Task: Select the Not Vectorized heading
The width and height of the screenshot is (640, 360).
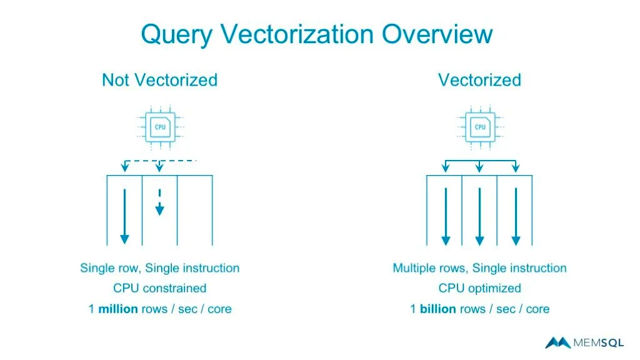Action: coord(159,80)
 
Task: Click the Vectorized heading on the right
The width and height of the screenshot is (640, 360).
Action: coord(479,80)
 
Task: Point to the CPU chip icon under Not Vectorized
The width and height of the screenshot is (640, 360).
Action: coord(161,127)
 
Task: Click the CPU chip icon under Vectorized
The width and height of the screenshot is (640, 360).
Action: coord(480,127)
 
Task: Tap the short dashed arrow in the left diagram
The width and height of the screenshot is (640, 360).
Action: coord(159,202)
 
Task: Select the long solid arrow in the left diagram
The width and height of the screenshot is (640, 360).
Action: coord(124,216)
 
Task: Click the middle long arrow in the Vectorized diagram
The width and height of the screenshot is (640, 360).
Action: coord(479,216)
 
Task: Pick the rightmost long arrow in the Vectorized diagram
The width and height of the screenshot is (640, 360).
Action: coord(515,216)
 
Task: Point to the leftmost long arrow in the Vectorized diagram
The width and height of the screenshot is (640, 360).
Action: coord(445,216)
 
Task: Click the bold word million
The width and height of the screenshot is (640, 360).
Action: coord(118,309)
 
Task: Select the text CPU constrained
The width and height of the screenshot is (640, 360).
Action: coord(159,288)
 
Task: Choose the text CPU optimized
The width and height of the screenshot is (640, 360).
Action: coord(479,288)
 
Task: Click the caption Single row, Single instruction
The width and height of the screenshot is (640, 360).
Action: coord(159,268)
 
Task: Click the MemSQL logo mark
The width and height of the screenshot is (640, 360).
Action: coord(557,342)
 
